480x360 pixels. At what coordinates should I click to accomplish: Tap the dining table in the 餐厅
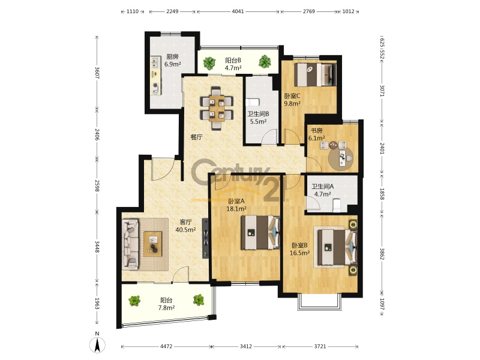click(x=217, y=108)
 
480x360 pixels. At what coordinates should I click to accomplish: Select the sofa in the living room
click(x=130, y=244)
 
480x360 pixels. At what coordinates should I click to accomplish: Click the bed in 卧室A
click(x=260, y=233)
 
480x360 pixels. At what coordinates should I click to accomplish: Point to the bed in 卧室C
click(x=316, y=74)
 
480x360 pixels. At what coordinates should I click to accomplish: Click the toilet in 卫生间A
click(x=337, y=205)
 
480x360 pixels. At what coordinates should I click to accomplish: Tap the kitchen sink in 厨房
click(x=155, y=63)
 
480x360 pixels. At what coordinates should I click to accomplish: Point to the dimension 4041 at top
click(x=238, y=11)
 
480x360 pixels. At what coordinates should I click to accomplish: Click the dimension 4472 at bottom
click(x=166, y=347)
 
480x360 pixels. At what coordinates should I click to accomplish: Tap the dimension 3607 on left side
click(x=97, y=73)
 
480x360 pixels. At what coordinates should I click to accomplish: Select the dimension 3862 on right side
click(x=382, y=254)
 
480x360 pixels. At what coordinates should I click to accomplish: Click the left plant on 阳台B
click(x=209, y=63)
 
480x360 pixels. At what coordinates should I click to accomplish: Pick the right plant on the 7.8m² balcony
click(x=199, y=300)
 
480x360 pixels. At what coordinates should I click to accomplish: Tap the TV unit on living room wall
click(x=206, y=238)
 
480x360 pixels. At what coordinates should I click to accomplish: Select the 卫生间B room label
click(x=259, y=114)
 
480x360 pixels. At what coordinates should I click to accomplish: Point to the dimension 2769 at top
click(x=309, y=11)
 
